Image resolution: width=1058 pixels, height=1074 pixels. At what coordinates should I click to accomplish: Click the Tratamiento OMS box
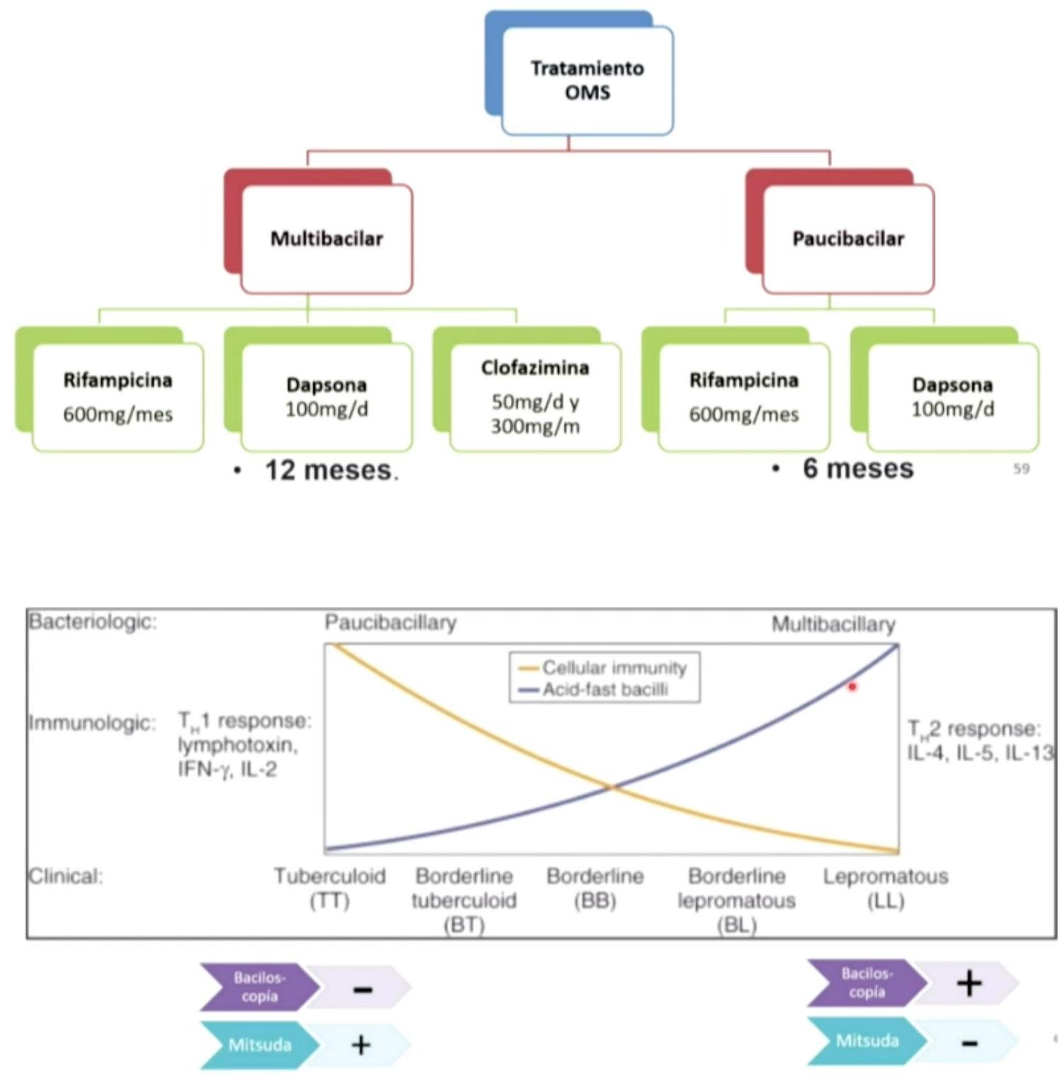tap(587, 80)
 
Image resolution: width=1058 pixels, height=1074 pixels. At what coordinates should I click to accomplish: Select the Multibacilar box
tap(326, 239)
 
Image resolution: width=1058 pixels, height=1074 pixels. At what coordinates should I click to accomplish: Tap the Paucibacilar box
tap(848, 239)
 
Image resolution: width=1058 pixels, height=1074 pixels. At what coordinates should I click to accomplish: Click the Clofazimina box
tap(535, 396)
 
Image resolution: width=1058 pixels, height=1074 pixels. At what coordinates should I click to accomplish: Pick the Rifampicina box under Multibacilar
tap(118, 397)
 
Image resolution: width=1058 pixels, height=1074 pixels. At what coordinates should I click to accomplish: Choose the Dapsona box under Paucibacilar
tap(952, 397)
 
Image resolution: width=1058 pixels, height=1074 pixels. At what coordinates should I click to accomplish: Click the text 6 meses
tap(858, 468)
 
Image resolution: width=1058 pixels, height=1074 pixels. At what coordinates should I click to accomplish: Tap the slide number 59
tap(1021, 468)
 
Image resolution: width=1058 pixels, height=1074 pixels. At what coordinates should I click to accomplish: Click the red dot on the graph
tap(852, 686)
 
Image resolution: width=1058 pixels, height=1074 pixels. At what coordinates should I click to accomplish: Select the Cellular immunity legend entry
tap(613, 667)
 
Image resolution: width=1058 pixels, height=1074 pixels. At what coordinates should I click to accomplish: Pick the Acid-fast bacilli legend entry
tap(605, 689)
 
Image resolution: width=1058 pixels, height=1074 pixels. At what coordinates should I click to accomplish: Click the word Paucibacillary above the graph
tap(390, 623)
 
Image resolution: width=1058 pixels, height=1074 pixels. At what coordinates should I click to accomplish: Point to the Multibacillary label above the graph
tap(833, 624)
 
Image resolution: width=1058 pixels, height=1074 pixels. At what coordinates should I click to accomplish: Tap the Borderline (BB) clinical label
tap(595, 888)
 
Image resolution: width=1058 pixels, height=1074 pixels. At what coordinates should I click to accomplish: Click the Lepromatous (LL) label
tap(885, 888)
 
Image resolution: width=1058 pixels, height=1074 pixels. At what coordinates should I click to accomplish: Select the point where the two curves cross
tap(612, 786)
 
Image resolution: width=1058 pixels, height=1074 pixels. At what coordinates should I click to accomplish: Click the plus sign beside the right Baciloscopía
tap(969, 983)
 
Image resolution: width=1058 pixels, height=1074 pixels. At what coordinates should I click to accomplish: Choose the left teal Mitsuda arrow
tap(259, 1045)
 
